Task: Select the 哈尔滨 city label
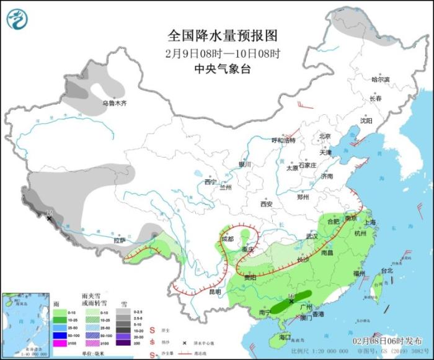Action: (380, 79)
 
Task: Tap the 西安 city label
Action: (267, 203)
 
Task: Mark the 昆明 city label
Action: (214, 291)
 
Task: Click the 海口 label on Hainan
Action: (285, 337)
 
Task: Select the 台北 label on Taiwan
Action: (386, 271)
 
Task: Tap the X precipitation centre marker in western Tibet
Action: (50, 218)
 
